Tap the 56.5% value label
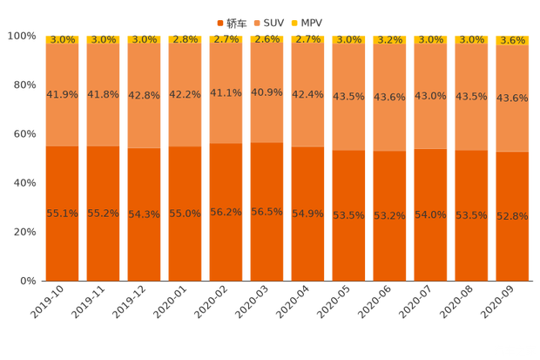click(x=267, y=211)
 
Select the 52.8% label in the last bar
click(x=512, y=215)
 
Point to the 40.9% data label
click(x=267, y=92)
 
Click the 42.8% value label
click(x=145, y=96)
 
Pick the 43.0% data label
click(x=430, y=96)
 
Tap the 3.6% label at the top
click(x=512, y=40)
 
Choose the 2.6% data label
click(x=267, y=39)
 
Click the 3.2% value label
click(x=389, y=39)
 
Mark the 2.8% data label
click(x=186, y=39)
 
